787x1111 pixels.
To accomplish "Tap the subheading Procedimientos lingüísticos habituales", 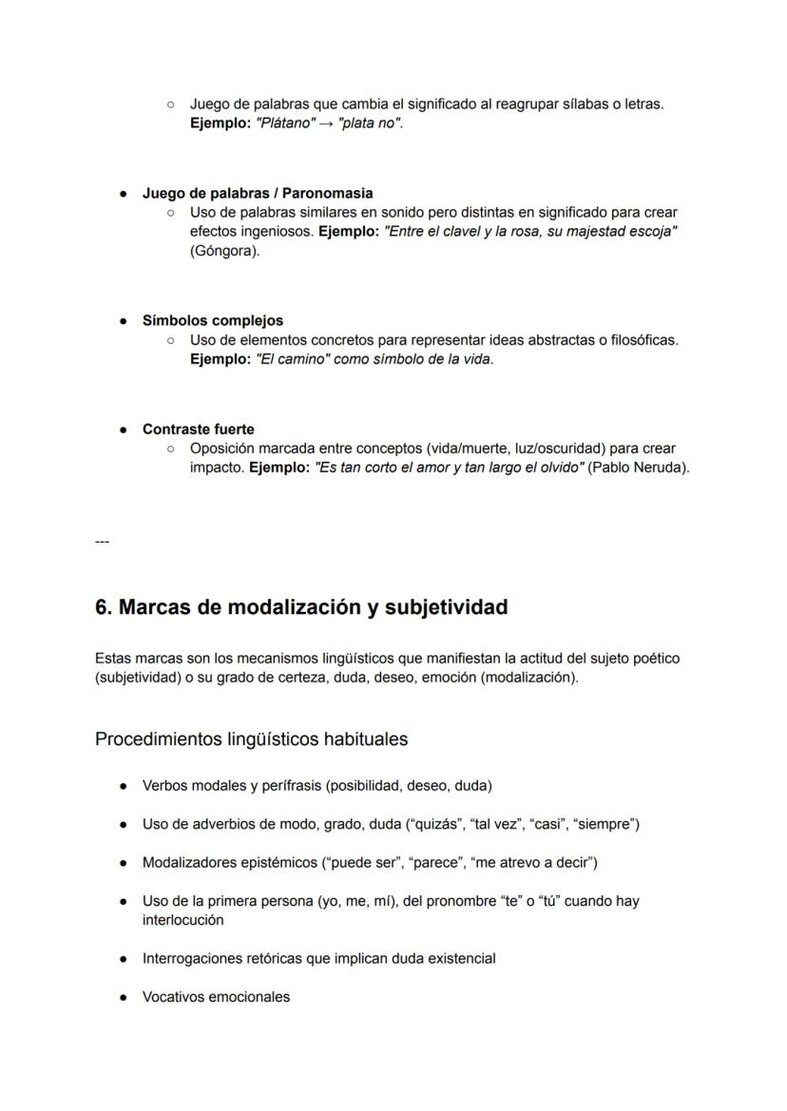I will tap(251, 739).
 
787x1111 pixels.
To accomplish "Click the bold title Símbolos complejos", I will tap(213, 320).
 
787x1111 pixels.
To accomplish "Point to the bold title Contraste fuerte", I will tap(198, 429).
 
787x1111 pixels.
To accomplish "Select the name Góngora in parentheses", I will tap(223, 251).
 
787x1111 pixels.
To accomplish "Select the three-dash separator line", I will tap(102, 542).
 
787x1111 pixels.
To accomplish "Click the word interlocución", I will tap(182, 920).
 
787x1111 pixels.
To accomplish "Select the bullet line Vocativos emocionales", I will tap(216, 997).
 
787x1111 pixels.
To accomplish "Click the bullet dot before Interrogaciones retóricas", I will tap(125, 959).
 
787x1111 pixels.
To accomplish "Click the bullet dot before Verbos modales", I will tap(125, 786).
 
